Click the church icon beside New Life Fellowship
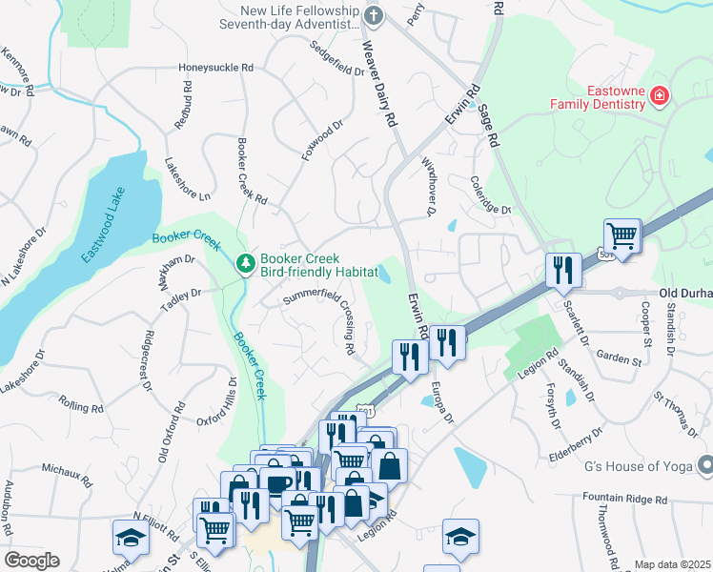coord(374,14)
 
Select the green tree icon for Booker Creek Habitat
coord(246,261)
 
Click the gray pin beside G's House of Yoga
coord(704,465)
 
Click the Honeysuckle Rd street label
coord(216,69)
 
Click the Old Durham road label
coord(684,295)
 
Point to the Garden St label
coord(618,359)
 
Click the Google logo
coord(31,561)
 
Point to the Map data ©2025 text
coord(671,564)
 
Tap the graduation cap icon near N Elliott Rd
coord(131,538)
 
